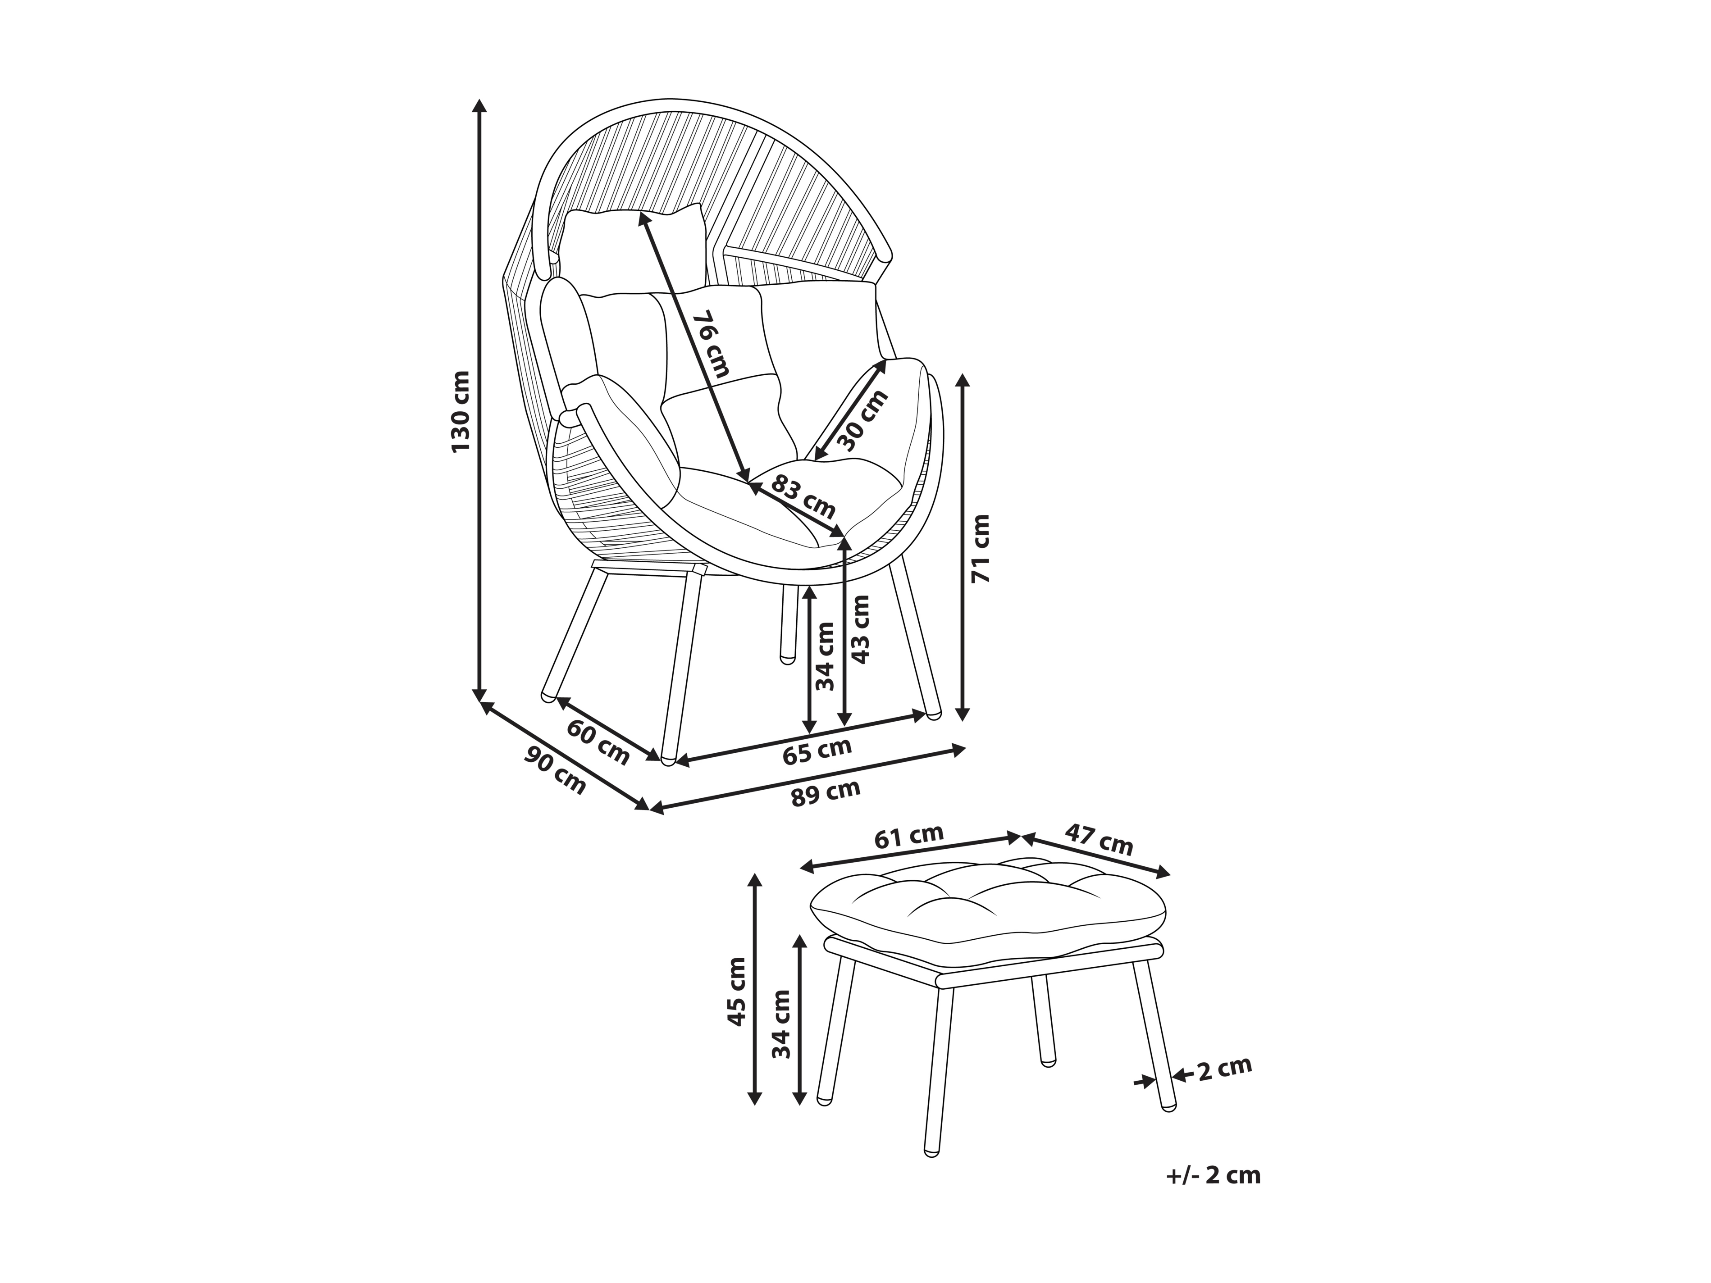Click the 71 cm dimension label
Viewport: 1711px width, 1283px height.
(x=980, y=547)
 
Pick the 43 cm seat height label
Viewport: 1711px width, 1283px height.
(x=859, y=629)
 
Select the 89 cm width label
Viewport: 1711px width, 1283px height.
(x=826, y=793)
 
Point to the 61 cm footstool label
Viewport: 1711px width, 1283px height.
(x=909, y=836)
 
